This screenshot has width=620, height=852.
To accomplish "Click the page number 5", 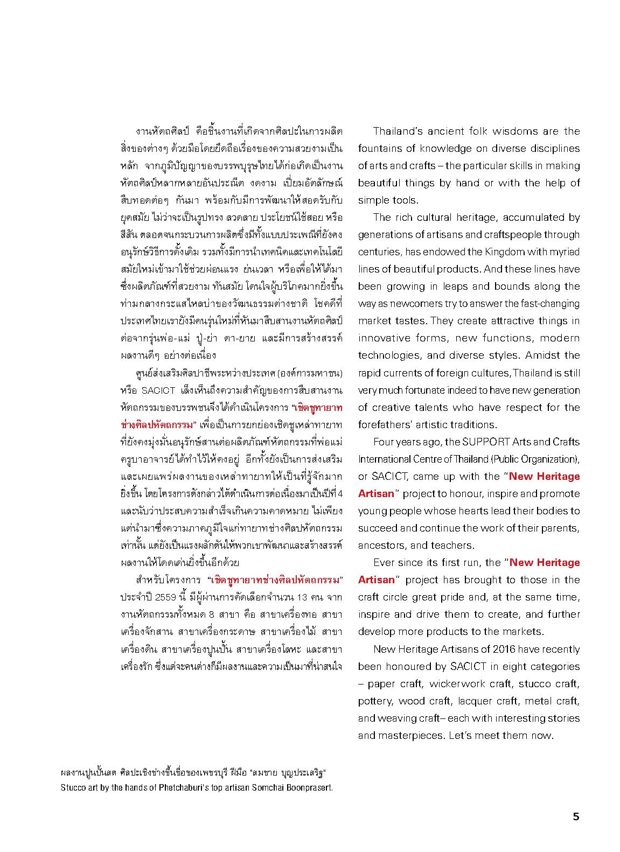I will (576, 816).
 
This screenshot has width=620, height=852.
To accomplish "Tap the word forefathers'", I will (386, 424).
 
